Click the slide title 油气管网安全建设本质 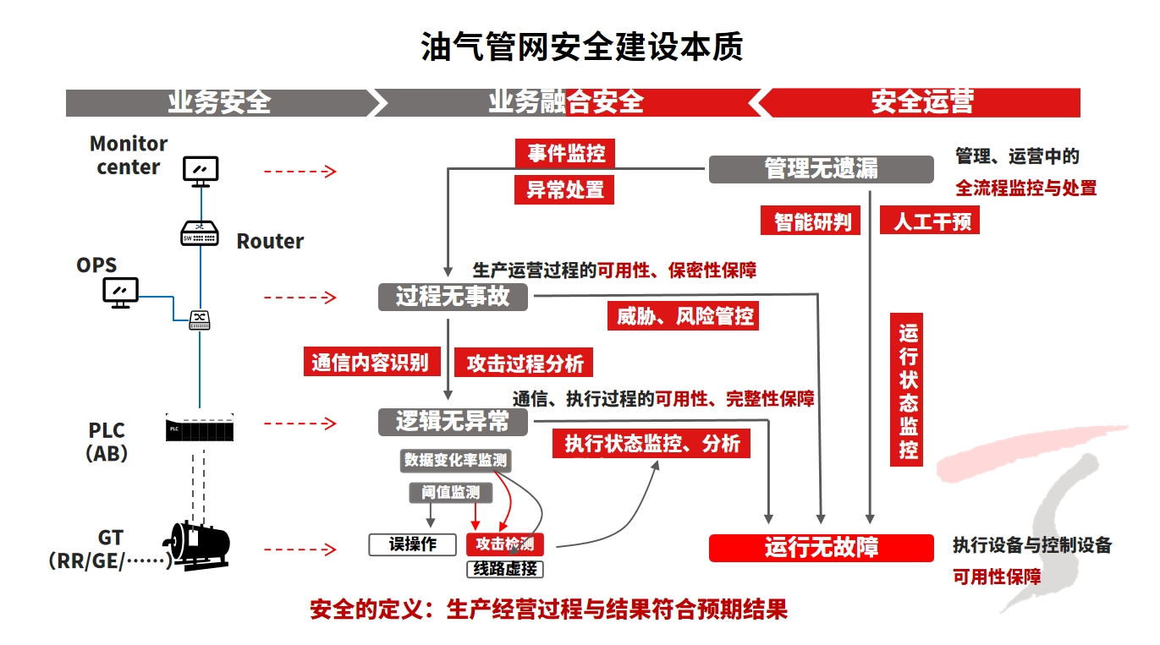click(581, 47)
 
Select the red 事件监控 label click(565, 153)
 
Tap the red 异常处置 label click(565, 190)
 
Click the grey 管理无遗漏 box click(821, 169)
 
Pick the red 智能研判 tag click(811, 221)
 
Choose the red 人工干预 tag click(930, 221)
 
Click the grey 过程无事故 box click(453, 297)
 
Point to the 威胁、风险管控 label click(684, 316)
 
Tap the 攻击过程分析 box click(525, 363)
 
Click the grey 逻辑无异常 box click(453, 421)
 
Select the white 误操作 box click(413, 544)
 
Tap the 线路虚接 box click(504, 569)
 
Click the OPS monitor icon click(120, 292)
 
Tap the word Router click(270, 242)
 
